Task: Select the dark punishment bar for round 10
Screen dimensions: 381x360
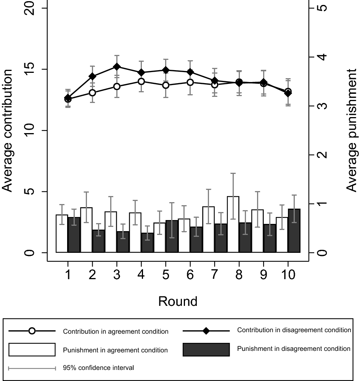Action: click(294, 231)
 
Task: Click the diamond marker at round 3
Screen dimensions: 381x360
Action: click(117, 67)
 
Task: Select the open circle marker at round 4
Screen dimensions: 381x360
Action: click(141, 81)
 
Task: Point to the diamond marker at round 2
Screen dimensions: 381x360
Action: click(92, 77)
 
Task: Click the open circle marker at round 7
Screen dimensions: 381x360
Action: click(215, 84)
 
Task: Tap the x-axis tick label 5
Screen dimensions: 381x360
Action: click(166, 275)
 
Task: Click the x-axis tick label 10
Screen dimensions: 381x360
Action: click(288, 275)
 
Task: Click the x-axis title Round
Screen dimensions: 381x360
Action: click(178, 301)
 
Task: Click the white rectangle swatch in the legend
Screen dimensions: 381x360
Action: click(32, 350)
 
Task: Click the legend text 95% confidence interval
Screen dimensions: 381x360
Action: click(98, 368)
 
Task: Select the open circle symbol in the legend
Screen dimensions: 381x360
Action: click(32, 331)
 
